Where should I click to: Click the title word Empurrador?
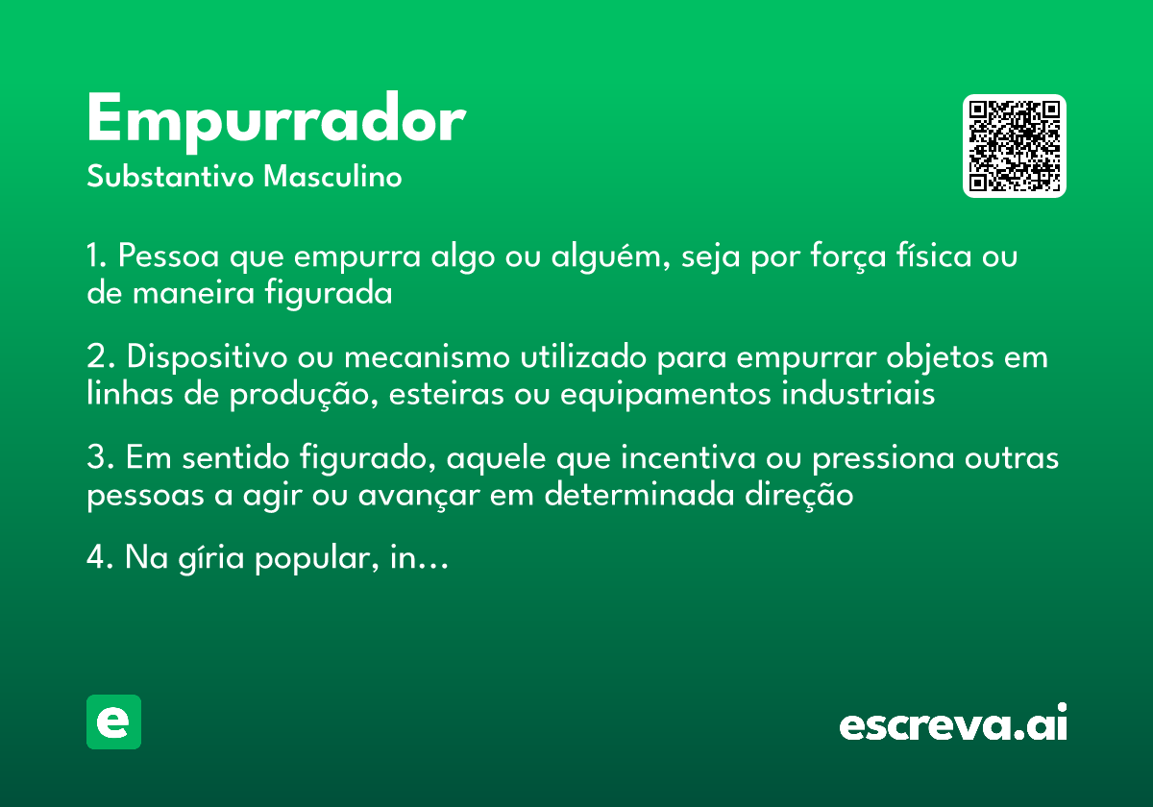click(x=276, y=121)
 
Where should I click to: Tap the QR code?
click(x=1015, y=146)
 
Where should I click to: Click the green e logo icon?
click(x=113, y=721)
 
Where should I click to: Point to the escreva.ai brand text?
click(x=953, y=724)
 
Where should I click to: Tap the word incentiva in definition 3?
click(x=689, y=458)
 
